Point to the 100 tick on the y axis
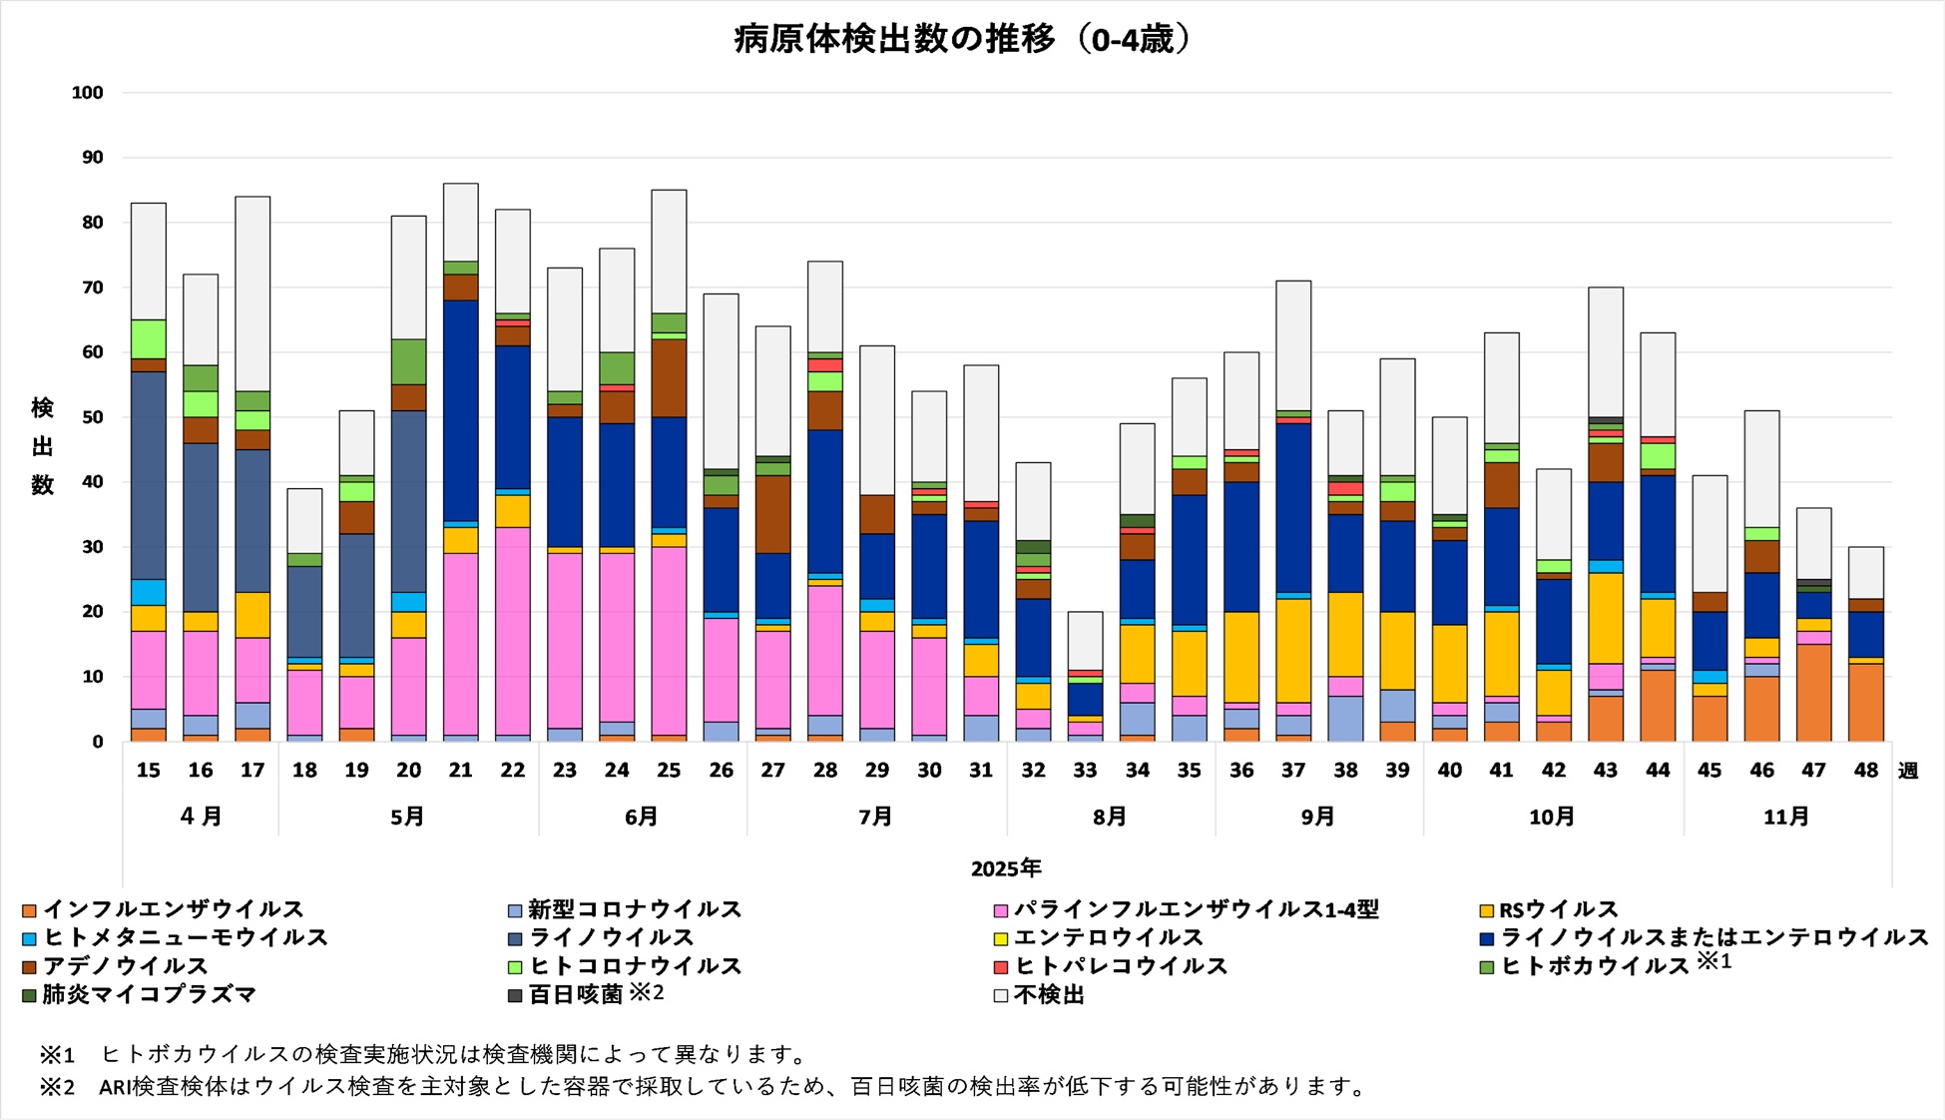pyautogui.click(x=88, y=93)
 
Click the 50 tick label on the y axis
pyautogui.click(x=92, y=417)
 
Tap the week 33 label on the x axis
pyautogui.click(x=1085, y=771)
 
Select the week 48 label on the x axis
pyautogui.click(x=1865, y=771)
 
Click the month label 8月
pyautogui.click(x=1110, y=817)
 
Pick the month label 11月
pyautogui.click(x=1786, y=817)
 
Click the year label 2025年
pyautogui.click(x=1006, y=868)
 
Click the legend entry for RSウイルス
pyautogui.click(x=1558, y=909)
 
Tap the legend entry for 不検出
pyautogui.click(x=1048, y=994)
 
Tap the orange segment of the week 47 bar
pyautogui.click(x=1813, y=693)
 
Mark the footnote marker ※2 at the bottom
pyautogui.click(x=57, y=1086)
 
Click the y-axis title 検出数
pyautogui.click(x=42, y=446)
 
